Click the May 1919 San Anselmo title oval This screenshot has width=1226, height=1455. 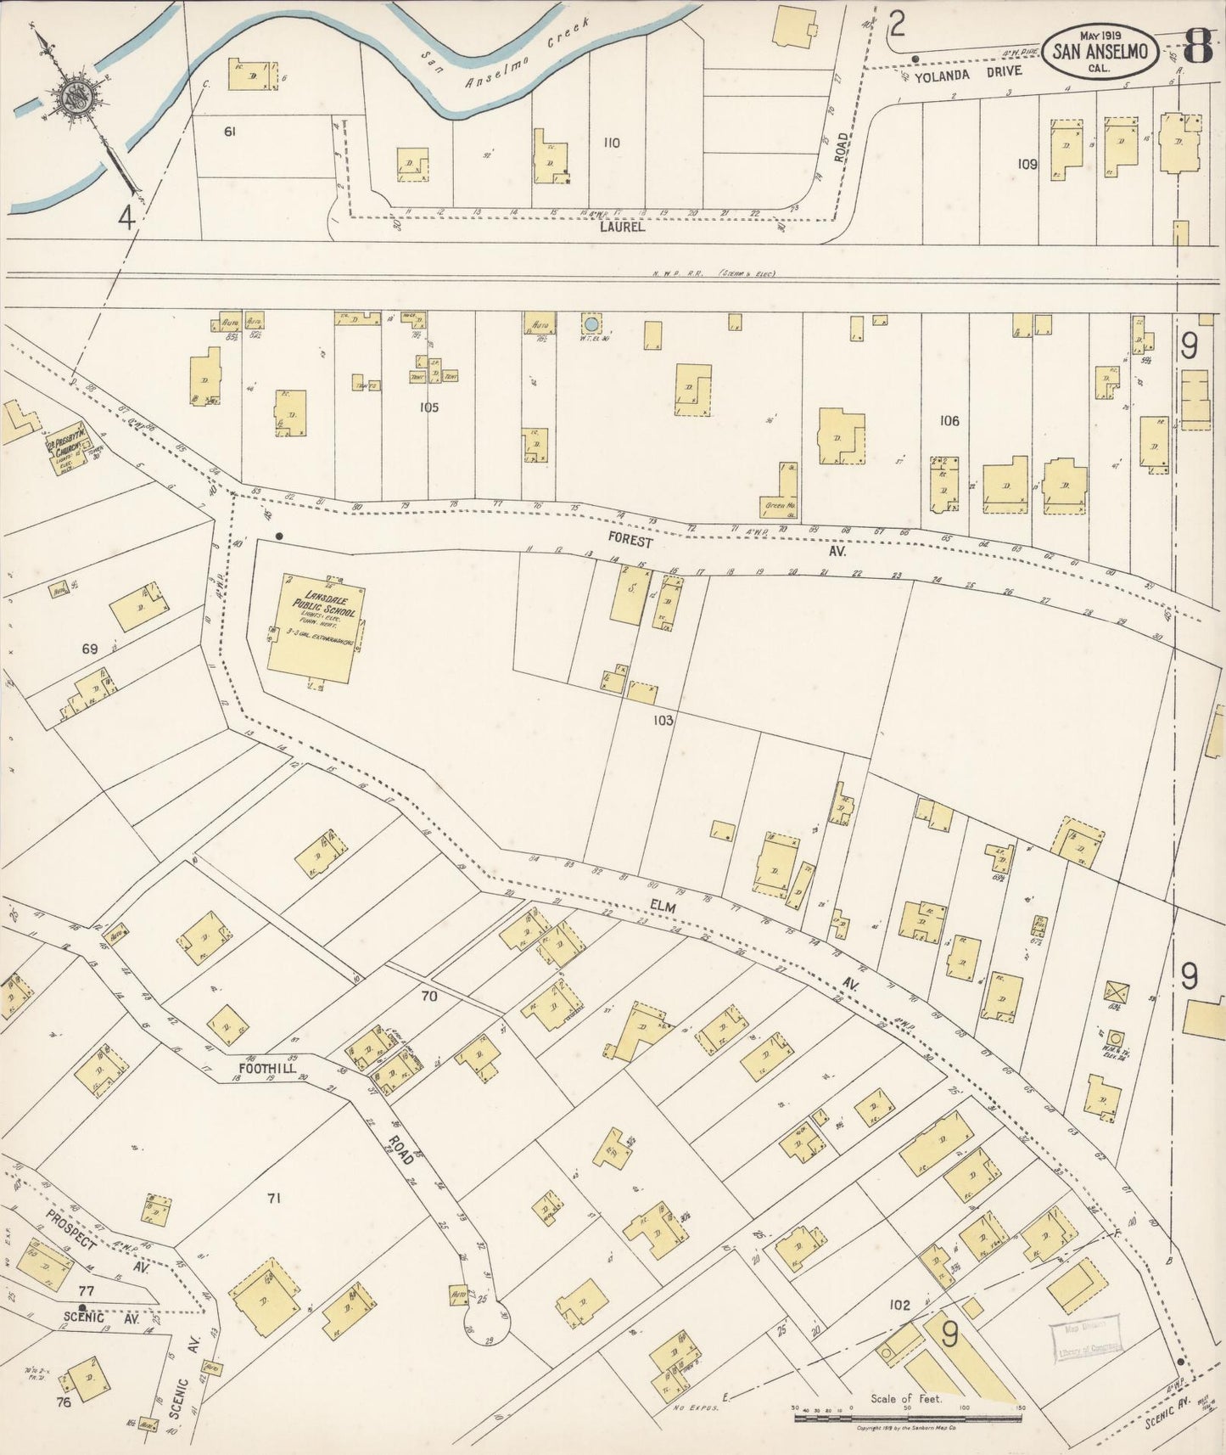1100,50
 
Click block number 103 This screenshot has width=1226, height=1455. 663,720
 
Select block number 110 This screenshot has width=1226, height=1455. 611,143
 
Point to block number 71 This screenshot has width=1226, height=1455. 273,1199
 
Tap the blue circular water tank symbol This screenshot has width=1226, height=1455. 590,323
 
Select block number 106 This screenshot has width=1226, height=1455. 949,420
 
